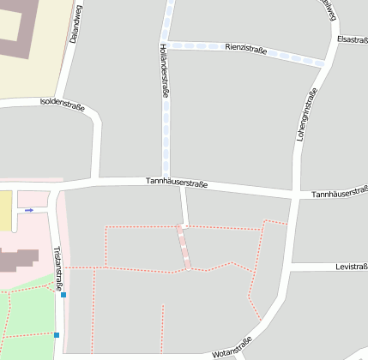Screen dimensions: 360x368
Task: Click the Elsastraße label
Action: (x=352, y=39)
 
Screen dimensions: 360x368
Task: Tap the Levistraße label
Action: (x=351, y=267)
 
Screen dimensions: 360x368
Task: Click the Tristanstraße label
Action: (x=58, y=269)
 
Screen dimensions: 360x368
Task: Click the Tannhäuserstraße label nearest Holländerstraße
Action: (x=177, y=183)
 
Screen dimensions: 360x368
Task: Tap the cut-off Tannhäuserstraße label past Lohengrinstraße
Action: (x=340, y=195)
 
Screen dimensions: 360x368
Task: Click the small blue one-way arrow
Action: (x=29, y=210)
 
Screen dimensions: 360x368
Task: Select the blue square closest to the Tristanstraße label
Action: (x=63, y=295)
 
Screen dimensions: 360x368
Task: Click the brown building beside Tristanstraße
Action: (x=19, y=260)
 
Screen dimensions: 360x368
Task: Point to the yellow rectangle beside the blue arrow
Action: (x=5, y=211)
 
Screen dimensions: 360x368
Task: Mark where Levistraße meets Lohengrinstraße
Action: (x=289, y=267)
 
